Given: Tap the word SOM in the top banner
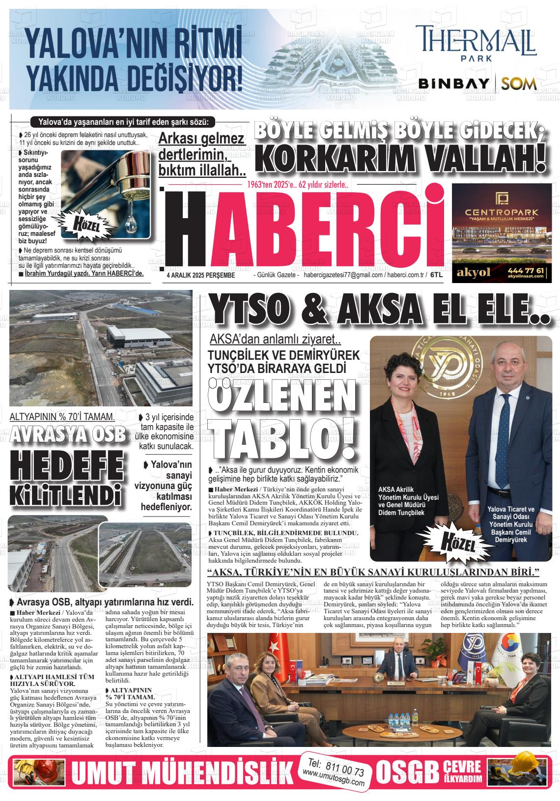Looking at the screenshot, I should pyautogui.click(x=519, y=84).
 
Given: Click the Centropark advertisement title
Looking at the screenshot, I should pyautogui.click(x=498, y=212).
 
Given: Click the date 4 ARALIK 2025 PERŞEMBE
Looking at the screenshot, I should pyautogui.click(x=201, y=275).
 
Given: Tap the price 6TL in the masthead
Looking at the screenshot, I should pyautogui.click(x=437, y=275).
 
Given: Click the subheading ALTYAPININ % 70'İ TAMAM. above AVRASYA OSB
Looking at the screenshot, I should pyautogui.click(x=62, y=417).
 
